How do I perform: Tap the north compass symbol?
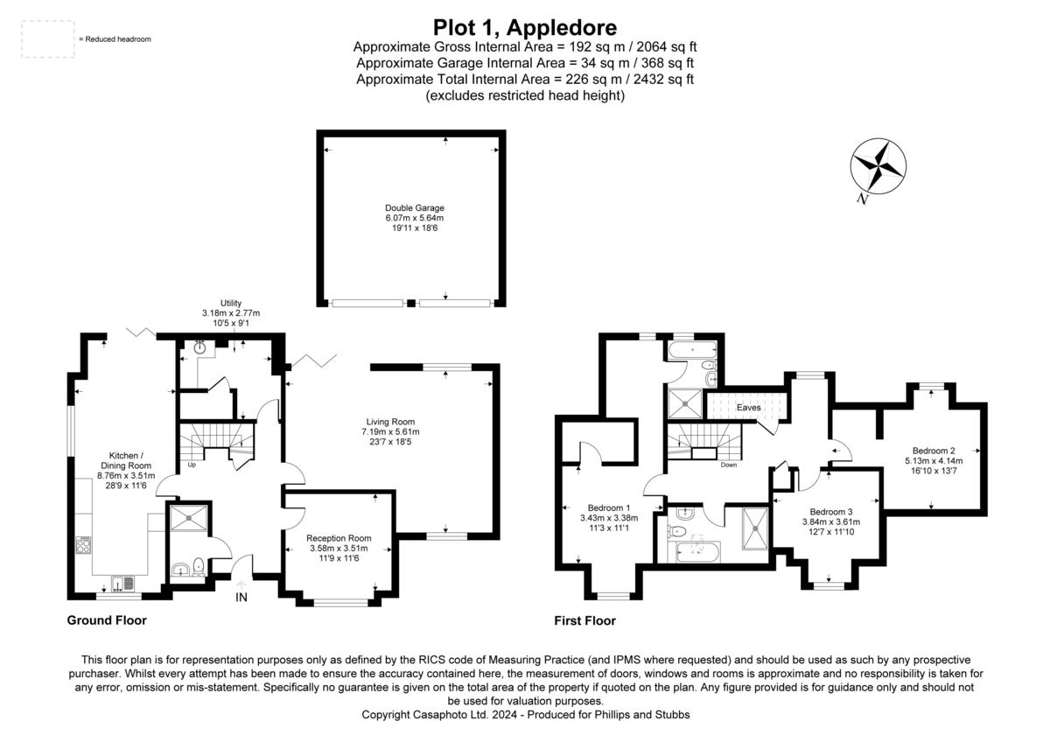pyautogui.click(x=878, y=166)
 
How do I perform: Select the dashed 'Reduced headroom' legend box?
pyautogui.click(x=47, y=40)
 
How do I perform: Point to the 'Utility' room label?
pyautogui.click(x=231, y=303)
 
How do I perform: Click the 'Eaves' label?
pyautogui.click(x=747, y=408)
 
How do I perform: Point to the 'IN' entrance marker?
pyautogui.click(x=241, y=598)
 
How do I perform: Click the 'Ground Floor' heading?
pyautogui.click(x=107, y=620)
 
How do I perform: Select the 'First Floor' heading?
pyautogui.click(x=584, y=621)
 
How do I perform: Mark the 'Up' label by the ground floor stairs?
pyautogui.click(x=192, y=465)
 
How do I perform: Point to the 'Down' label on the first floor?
pyautogui.click(x=728, y=465)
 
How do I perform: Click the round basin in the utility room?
pyautogui.click(x=201, y=347)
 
